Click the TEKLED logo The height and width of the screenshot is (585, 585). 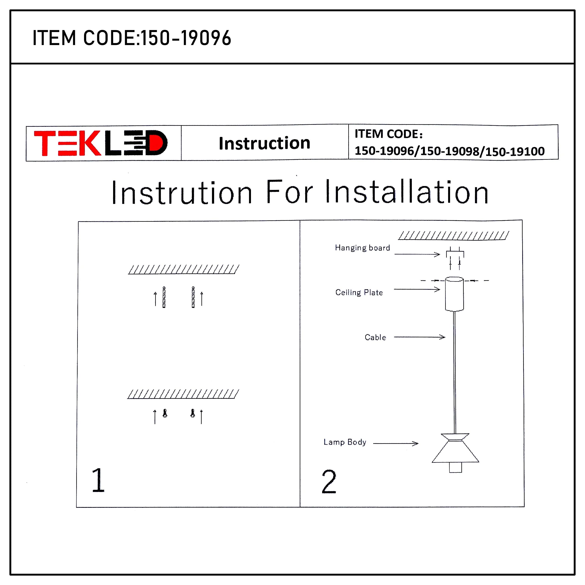[101, 143]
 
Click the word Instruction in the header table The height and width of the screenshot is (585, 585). [264, 143]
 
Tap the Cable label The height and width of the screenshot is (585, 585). [375, 337]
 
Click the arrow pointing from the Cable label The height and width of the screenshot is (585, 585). [419, 337]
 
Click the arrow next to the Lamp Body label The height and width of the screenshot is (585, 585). [396, 444]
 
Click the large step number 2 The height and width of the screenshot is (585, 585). [329, 482]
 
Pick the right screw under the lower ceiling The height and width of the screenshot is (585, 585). [193, 414]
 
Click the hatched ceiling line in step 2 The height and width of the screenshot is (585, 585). [453, 236]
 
